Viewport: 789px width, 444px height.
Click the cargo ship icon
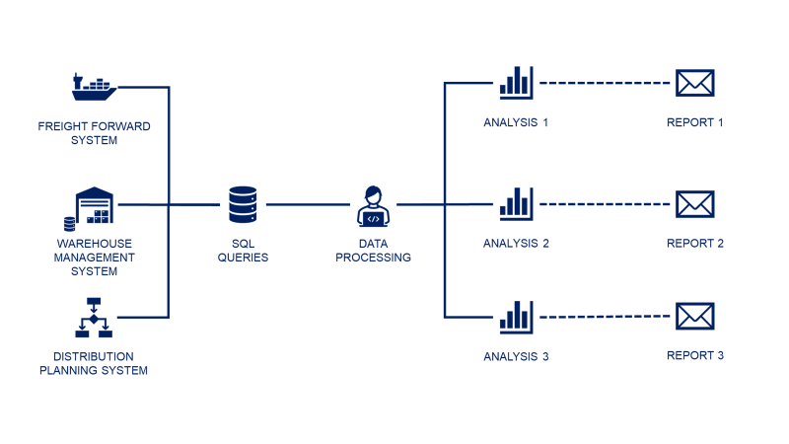[95, 87]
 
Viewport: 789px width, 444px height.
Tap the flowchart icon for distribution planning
[95, 317]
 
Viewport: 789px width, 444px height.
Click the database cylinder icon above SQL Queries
[242, 205]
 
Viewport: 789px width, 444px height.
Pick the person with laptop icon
[373, 206]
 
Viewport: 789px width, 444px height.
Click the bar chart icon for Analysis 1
[516, 83]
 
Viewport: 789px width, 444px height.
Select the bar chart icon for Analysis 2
[516, 203]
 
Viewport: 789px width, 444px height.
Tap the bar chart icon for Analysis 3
[516, 317]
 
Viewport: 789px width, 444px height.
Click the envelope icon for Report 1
[694, 83]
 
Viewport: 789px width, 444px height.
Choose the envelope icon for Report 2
[694, 204]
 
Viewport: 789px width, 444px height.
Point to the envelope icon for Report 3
[694, 317]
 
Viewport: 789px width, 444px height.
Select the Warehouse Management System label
[94, 258]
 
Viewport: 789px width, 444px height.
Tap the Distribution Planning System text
[94, 363]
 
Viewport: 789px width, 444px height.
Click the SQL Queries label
[243, 251]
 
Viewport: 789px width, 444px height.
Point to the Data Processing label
[373, 251]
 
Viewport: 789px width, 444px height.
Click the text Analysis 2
[516, 243]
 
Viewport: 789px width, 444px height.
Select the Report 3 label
[695, 355]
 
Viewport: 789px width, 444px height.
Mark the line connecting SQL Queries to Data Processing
[308, 205]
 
